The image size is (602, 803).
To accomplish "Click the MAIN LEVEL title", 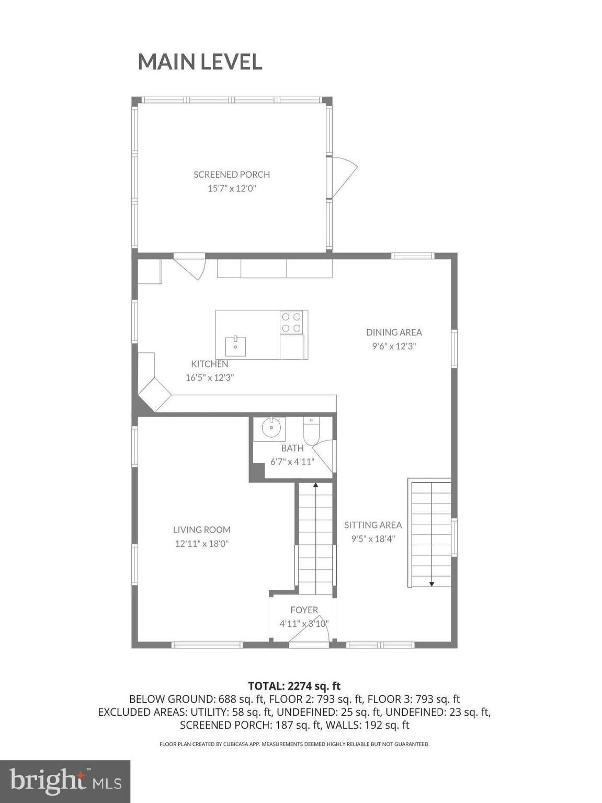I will click(200, 62).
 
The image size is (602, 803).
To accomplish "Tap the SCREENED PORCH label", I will click(232, 175).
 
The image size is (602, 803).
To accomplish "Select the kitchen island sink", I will click(236, 346).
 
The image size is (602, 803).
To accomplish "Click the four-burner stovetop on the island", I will click(292, 322).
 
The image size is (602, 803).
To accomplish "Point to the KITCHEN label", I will click(209, 364).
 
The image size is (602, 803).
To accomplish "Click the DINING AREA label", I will click(394, 332).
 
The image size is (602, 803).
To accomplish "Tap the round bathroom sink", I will click(271, 429).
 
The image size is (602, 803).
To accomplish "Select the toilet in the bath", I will click(312, 432).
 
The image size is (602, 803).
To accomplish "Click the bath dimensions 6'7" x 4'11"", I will click(292, 462).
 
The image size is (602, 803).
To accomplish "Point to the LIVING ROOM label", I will click(202, 530).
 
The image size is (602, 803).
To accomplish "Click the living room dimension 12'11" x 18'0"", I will click(202, 544).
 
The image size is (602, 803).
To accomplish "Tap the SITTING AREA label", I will click(373, 525).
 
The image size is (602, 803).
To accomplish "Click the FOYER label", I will click(304, 610).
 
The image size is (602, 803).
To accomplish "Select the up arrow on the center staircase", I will click(315, 486).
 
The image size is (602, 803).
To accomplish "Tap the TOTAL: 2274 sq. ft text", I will click(294, 686).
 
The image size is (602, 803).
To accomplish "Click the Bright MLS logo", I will click(65, 781).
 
